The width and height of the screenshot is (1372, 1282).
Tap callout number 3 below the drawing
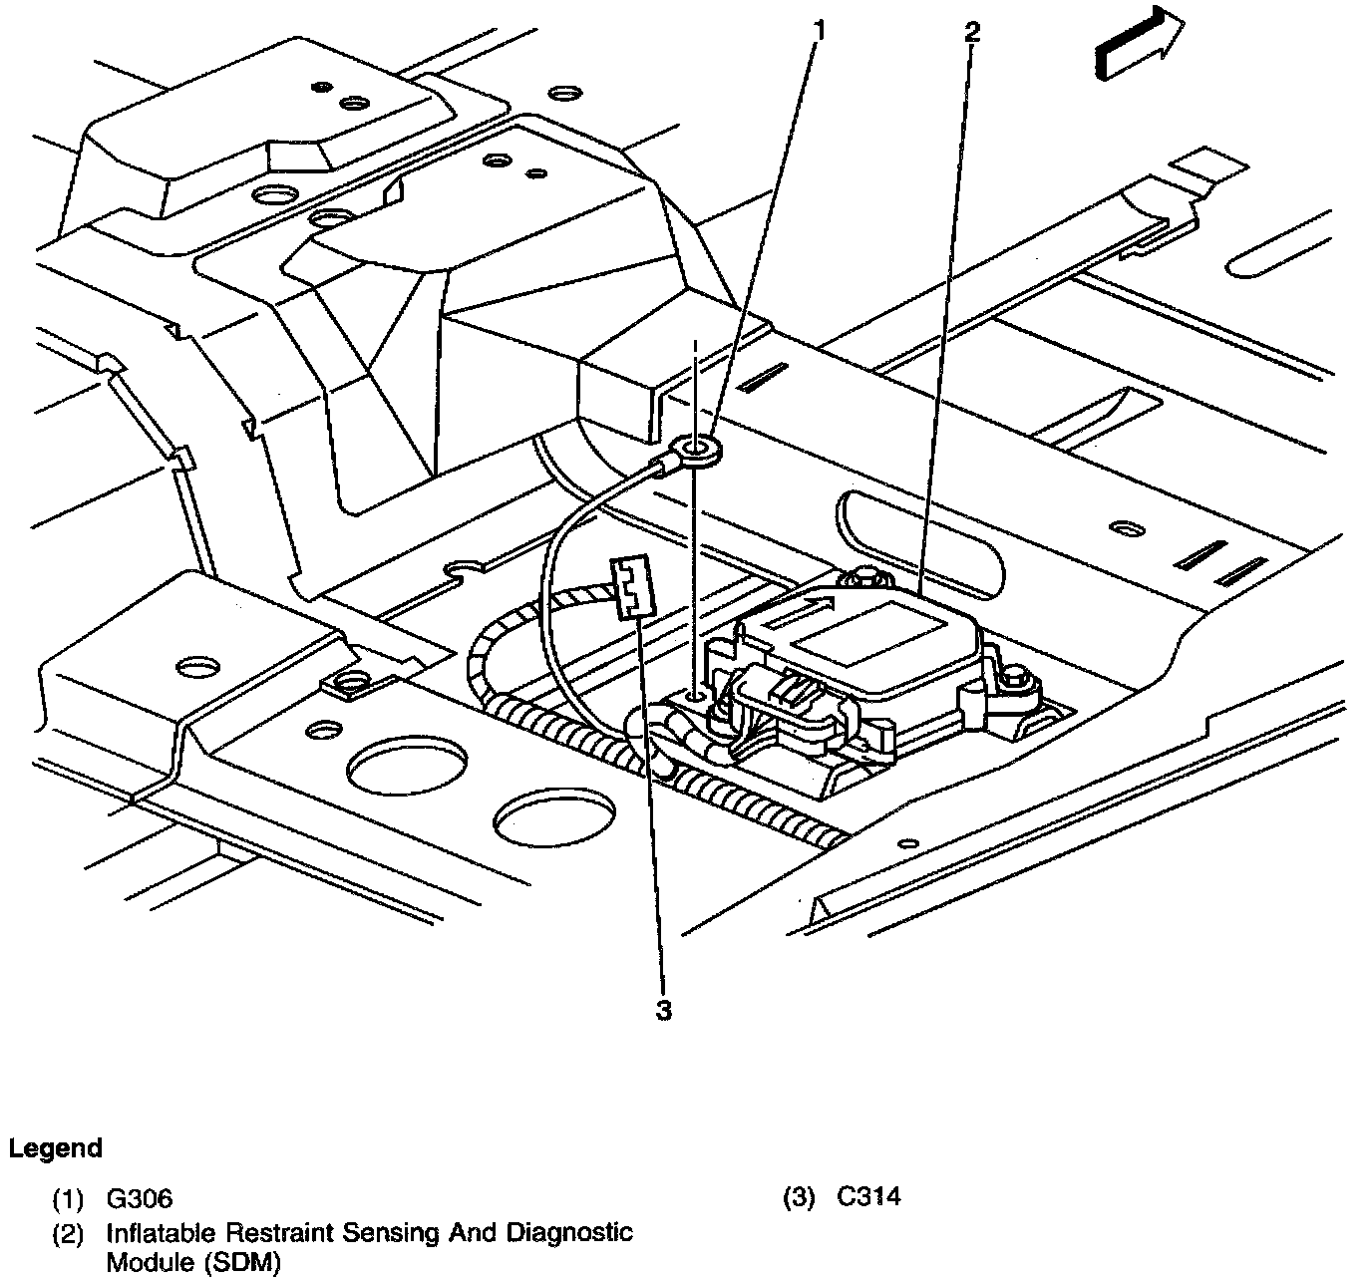pyautogui.click(x=663, y=1011)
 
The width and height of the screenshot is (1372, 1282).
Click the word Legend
pyautogui.click(x=56, y=1148)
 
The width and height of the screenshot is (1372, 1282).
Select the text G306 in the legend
pyautogui.click(x=140, y=1198)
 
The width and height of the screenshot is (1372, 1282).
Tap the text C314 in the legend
pyautogui.click(x=868, y=1196)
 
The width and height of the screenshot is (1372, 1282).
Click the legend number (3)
pyautogui.click(x=800, y=1197)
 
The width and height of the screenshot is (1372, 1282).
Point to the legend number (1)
pyautogui.click(x=68, y=1198)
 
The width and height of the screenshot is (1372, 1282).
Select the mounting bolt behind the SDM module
pyautogui.click(x=859, y=577)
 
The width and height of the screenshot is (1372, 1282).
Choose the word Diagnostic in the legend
pyautogui.click(x=575, y=1233)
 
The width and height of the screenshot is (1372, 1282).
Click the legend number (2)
pyautogui.click(x=68, y=1234)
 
